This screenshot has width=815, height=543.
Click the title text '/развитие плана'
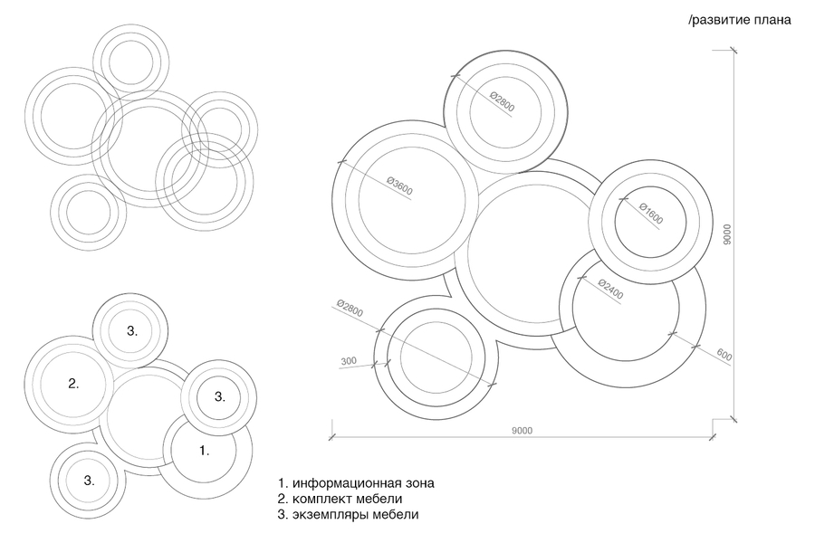(740, 20)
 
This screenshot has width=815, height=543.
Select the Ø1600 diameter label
(651, 214)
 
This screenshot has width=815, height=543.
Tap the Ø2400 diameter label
(610, 290)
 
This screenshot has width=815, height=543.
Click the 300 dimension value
(349, 360)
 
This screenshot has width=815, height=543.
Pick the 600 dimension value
(724, 355)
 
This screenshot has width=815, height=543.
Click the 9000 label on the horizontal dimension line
(522, 430)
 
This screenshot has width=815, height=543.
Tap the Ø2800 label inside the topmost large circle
(502, 102)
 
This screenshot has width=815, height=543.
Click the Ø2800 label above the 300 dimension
(350, 308)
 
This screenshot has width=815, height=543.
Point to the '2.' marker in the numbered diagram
(73, 384)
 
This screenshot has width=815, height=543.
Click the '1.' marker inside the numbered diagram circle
(205, 451)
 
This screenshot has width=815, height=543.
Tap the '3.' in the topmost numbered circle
(132, 330)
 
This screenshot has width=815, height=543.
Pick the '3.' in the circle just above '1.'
(220, 396)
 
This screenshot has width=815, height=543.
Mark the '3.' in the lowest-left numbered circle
(89, 481)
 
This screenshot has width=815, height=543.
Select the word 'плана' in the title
(774, 21)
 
